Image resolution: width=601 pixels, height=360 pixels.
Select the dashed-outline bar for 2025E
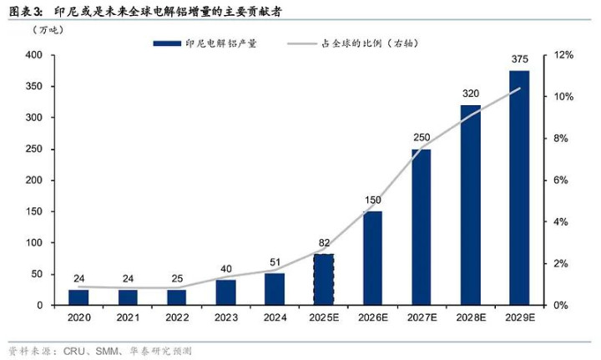[324, 280]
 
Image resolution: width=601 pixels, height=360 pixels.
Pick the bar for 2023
[226, 292]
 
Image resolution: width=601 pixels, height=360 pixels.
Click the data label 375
[519, 60]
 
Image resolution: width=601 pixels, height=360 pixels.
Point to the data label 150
[372, 200]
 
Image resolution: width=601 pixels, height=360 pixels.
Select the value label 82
[324, 243]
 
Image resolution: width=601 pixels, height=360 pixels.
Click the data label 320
[470, 94]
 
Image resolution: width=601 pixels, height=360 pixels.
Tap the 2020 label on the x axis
[79, 318]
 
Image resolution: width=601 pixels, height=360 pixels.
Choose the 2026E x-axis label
[372, 318]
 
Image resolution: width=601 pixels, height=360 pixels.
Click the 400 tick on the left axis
[34, 55]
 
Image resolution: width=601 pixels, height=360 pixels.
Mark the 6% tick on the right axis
[563, 180]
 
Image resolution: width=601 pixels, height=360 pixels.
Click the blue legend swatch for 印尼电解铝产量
[167, 43]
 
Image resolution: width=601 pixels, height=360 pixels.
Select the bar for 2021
[129, 297]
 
